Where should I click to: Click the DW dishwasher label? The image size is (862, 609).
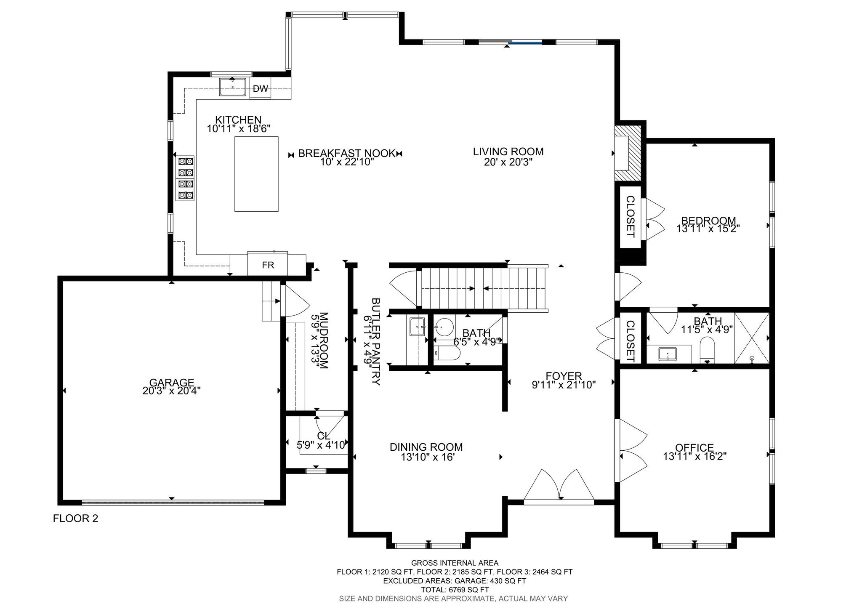coord(261,89)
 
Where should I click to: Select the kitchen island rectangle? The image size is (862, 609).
coord(256,174)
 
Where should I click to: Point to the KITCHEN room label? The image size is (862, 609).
coord(238,120)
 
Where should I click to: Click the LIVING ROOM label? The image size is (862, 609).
coord(508,152)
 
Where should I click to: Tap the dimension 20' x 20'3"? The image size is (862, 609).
coord(508,162)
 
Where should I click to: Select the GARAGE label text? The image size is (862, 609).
coord(172,382)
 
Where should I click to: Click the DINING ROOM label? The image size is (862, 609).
coord(426,447)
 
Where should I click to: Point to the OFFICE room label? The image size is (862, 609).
coord(694,447)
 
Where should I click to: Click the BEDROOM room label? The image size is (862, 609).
coord(708,220)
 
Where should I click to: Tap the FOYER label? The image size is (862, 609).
coord(564,375)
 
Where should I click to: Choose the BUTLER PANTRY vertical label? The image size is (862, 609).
coord(376,342)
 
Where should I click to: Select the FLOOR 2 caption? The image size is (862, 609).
coord(76,518)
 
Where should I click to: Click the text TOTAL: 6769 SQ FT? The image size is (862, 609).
coord(455,590)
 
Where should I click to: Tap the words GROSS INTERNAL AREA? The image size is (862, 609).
coord(455,563)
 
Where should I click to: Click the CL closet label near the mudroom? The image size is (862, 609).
coord(324,435)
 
